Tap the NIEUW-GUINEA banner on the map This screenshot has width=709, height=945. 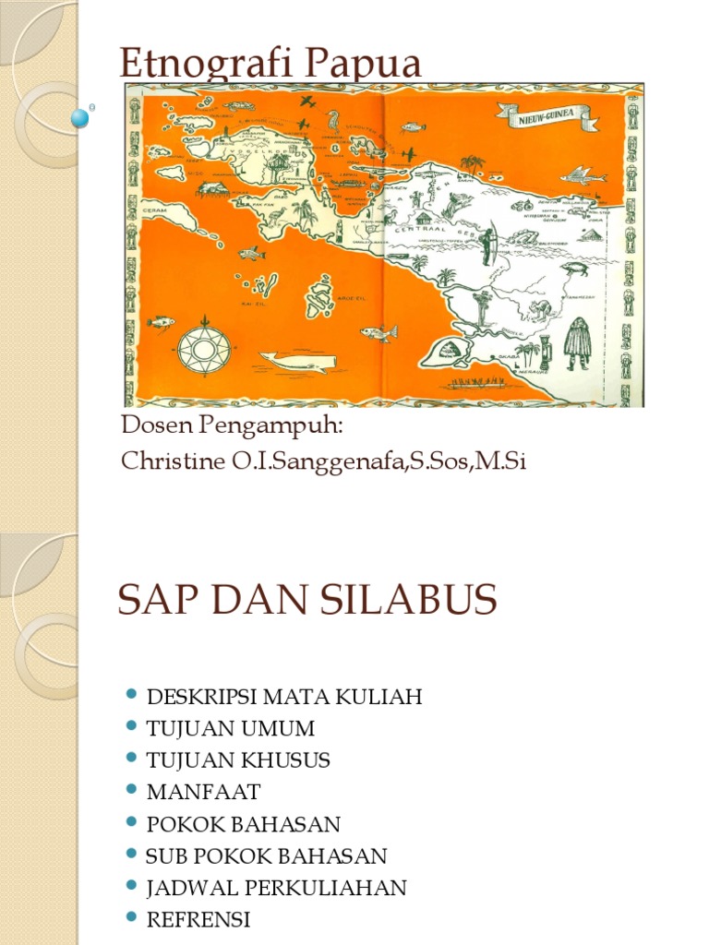pos(547,115)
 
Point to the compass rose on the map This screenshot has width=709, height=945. pos(202,348)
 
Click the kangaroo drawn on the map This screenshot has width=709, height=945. pos(539,308)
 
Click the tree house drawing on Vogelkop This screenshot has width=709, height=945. pos(278,167)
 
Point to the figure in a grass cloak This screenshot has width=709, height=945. pos(577,341)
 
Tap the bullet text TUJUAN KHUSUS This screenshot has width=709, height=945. pos(238,760)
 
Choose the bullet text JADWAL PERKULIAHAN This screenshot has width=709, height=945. pos(276,888)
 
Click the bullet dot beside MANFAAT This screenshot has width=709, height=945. pos(131,791)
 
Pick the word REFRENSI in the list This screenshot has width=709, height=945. pos(198,919)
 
